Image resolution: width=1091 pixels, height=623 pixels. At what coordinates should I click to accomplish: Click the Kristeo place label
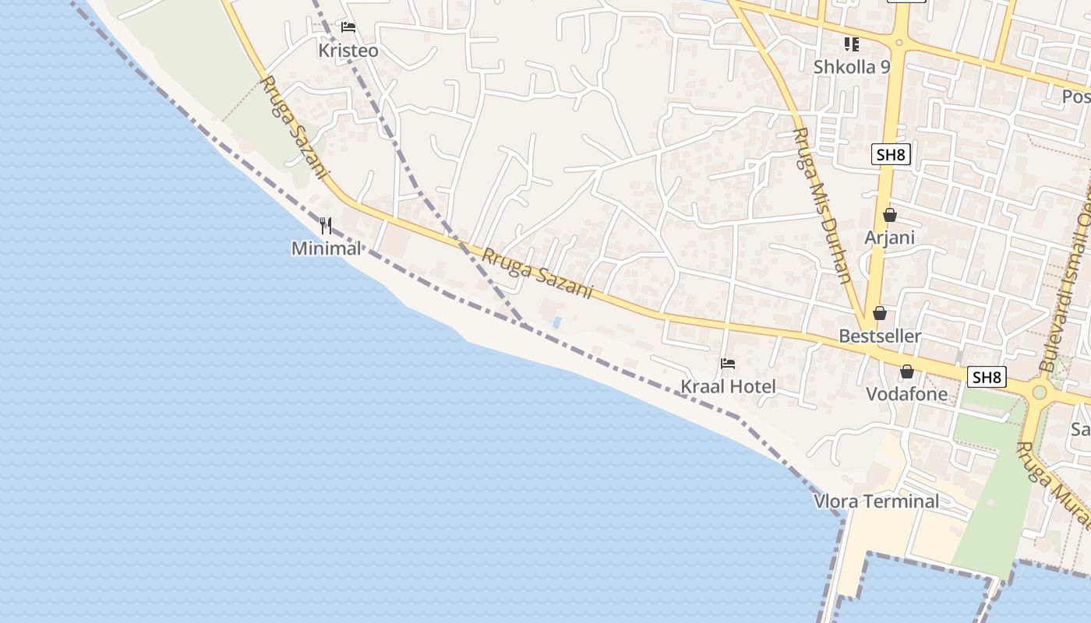348,51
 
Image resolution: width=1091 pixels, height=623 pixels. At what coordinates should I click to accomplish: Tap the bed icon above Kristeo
348,27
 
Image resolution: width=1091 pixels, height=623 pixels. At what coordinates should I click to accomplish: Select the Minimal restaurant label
326,248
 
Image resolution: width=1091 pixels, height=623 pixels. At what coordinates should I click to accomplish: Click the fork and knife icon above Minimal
326,227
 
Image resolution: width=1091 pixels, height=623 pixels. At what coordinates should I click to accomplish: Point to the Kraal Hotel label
728,386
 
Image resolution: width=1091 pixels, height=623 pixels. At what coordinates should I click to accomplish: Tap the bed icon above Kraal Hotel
728,364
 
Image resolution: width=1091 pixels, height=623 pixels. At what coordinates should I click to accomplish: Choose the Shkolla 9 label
851,67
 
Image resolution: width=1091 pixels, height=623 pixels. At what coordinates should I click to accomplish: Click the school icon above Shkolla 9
852,44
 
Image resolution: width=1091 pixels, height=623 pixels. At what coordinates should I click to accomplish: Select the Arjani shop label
889,238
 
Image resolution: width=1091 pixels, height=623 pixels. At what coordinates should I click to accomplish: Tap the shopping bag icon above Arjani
889,215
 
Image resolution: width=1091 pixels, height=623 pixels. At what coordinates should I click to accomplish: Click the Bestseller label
880,336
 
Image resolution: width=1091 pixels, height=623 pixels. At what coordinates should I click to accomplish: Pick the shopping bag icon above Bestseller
880,313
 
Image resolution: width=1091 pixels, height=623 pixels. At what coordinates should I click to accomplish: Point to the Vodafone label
907,394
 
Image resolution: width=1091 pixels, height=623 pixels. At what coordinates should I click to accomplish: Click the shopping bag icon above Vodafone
907,371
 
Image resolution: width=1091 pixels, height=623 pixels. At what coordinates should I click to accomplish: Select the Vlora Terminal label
877,501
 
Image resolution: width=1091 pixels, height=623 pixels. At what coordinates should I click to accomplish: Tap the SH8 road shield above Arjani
891,154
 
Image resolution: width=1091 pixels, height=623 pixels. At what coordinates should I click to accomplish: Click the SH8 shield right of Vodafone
987,378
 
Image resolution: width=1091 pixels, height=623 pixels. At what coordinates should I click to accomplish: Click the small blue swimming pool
556,322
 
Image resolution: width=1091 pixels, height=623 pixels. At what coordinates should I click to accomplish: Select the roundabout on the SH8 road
1039,391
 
